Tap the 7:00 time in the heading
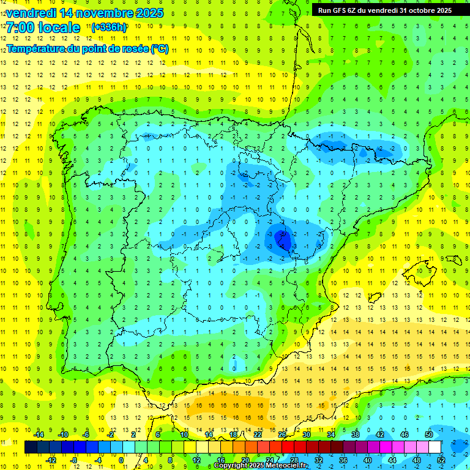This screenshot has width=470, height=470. point(21,28)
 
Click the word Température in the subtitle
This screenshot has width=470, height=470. point(37,49)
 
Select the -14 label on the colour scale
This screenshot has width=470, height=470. point(38,435)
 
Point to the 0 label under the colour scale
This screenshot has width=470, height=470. point(121,460)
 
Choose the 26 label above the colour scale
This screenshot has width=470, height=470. point(282,435)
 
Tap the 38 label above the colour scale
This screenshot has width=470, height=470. point(355,435)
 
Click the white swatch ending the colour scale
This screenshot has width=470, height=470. point(435,447)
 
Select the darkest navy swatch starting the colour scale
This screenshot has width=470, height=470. point(31,447)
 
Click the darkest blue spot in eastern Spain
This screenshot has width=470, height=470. point(282,237)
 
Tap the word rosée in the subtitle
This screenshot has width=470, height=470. point(135,49)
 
